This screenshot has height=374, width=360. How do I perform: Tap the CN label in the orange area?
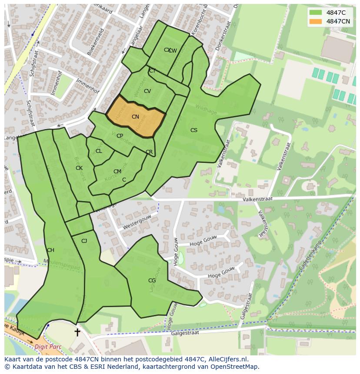[135, 117]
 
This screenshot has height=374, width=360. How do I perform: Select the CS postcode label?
[194, 130]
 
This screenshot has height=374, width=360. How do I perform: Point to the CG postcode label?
[152, 281]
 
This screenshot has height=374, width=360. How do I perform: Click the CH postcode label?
[50, 250]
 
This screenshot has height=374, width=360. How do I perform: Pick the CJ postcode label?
[84, 241]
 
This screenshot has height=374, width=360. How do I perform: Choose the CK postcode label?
[79, 168]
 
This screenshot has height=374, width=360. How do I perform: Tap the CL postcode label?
[99, 151]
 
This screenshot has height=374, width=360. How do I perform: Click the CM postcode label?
[117, 172]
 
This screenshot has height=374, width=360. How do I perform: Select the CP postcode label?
[120, 136]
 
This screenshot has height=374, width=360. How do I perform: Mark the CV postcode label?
[147, 91]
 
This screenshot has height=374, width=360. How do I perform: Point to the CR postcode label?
[149, 152]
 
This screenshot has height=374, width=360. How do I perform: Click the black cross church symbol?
[77, 332]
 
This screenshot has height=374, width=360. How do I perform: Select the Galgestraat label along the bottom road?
[185, 333]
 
